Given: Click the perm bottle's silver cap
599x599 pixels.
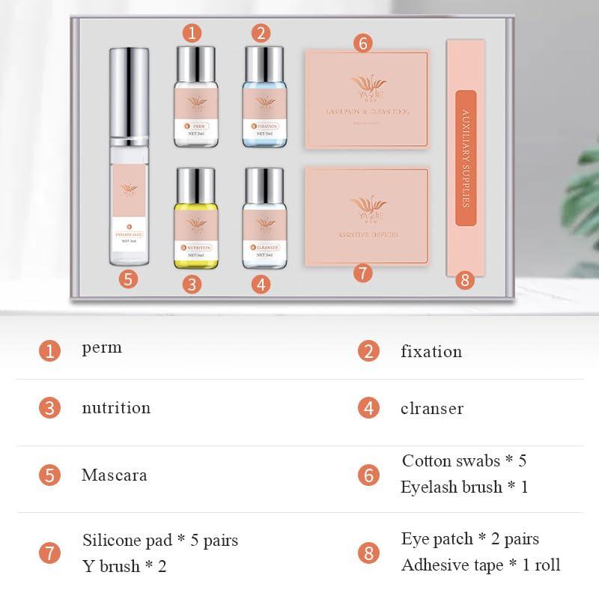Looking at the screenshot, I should point(195,60).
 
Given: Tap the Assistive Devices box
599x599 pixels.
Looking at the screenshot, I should point(367,216).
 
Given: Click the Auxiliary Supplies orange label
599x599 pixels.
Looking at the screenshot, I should point(466,157).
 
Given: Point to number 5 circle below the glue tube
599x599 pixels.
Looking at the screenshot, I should point(129,279).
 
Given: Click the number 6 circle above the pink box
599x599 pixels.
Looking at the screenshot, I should point(362,43).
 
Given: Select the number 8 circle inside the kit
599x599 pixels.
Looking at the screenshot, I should point(466,280).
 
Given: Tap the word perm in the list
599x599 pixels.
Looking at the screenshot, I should point(102,347).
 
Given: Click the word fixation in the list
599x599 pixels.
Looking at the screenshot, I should point(431,351).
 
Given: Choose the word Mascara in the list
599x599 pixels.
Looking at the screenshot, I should point(114,475).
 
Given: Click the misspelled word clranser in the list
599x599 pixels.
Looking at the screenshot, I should point(431,408).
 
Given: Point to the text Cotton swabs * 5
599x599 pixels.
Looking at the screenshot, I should point(463,460).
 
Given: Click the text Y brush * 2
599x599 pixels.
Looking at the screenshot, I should point(124,566).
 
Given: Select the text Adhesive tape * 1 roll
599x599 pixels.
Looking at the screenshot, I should point(480,565).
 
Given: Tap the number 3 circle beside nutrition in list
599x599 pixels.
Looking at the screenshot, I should point(49,408).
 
